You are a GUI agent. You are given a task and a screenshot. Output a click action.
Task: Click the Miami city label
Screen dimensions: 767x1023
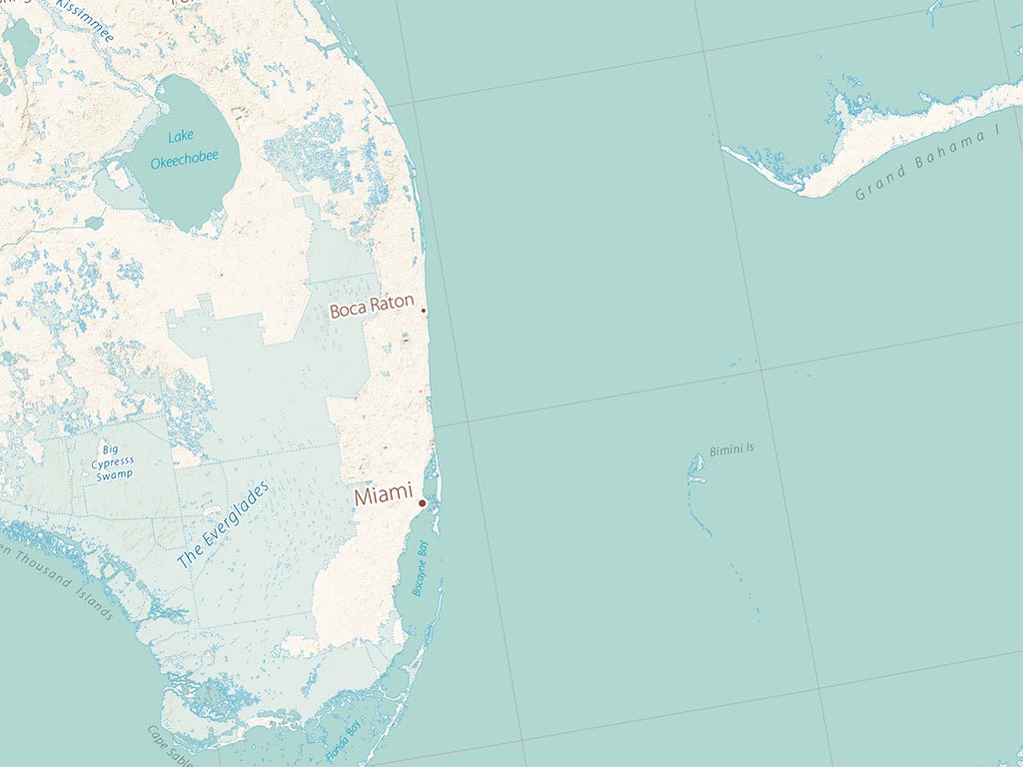pos(384,494)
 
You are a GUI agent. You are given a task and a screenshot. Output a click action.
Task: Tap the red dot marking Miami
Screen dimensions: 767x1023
pos(422,503)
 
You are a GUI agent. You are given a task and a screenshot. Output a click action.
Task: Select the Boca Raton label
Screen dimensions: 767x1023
pos(372,308)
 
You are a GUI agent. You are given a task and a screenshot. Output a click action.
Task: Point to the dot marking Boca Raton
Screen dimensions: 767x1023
pos(425,311)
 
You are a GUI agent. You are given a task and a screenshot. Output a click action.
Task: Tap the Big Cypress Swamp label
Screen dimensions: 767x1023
pos(115,462)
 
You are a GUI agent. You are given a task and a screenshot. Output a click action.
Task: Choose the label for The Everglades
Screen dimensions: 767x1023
pos(223,526)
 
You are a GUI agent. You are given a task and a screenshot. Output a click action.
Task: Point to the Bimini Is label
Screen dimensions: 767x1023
pos(731,450)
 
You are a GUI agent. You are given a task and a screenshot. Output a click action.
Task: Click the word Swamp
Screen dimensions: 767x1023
pos(115,476)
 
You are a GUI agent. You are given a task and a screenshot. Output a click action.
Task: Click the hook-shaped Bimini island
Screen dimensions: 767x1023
pos(693,474)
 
